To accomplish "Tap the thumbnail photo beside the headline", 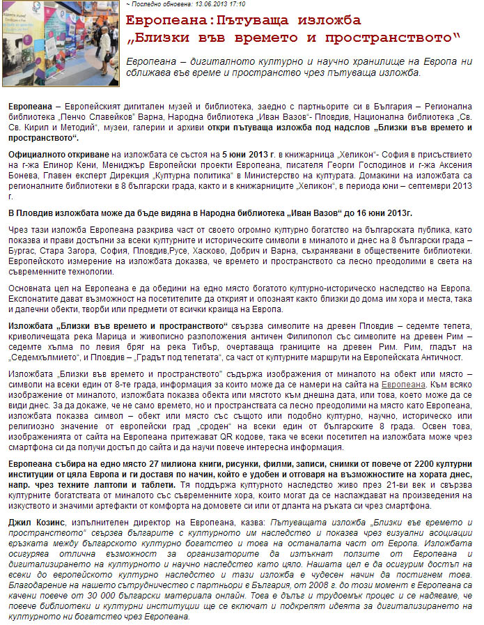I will (61, 43).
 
